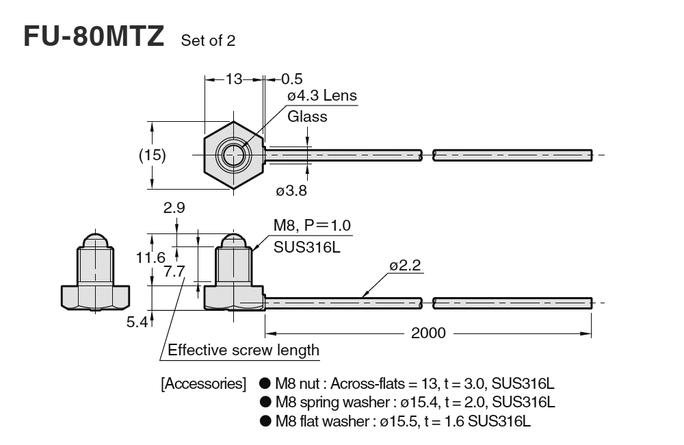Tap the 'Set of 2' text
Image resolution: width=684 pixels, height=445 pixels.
[x=208, y=41]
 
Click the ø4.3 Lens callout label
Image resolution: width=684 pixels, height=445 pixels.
[x=321, y=96]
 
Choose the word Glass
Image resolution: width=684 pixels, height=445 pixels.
[x=307, y=116]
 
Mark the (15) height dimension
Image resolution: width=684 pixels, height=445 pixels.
[x=153, y=155]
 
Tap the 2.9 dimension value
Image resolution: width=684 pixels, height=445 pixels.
[x=175, y=208]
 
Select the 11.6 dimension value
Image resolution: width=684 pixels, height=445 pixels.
[x=150, y=257]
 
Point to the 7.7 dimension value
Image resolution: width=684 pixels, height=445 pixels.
[x=175, y=272]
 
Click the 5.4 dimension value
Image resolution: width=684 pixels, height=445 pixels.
[x=137, y=322]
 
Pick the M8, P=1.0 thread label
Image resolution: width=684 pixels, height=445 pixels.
[x=313, y=226]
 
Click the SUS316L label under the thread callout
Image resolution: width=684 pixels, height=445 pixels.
[x=306, y=248]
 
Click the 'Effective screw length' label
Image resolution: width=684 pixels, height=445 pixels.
[x=244, y=351]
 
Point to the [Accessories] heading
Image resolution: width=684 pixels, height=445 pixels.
[x=203, y=384]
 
